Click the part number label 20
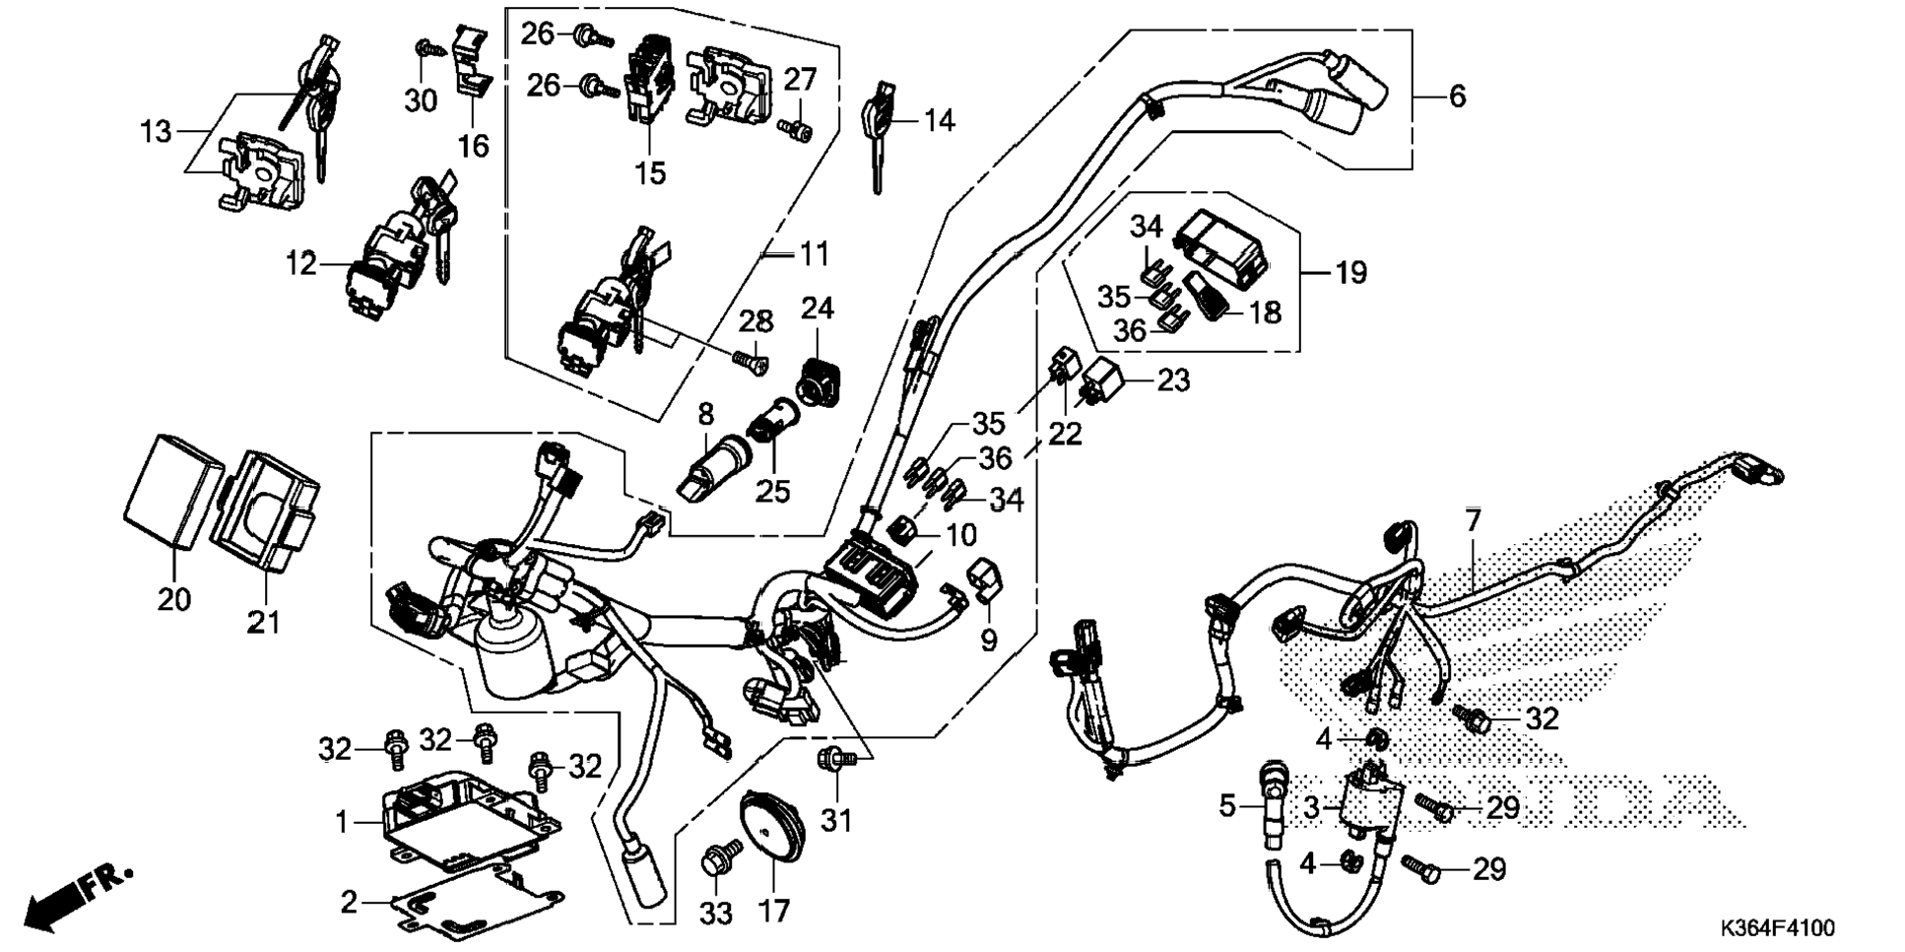tap(174, 599)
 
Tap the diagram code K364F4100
tap(1777, 928)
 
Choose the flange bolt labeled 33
tap(717, 860)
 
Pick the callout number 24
tap(817, 309)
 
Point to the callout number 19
tap(1350, 272)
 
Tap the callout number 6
tap(1457, 97)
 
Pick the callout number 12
tap(300, 264)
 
